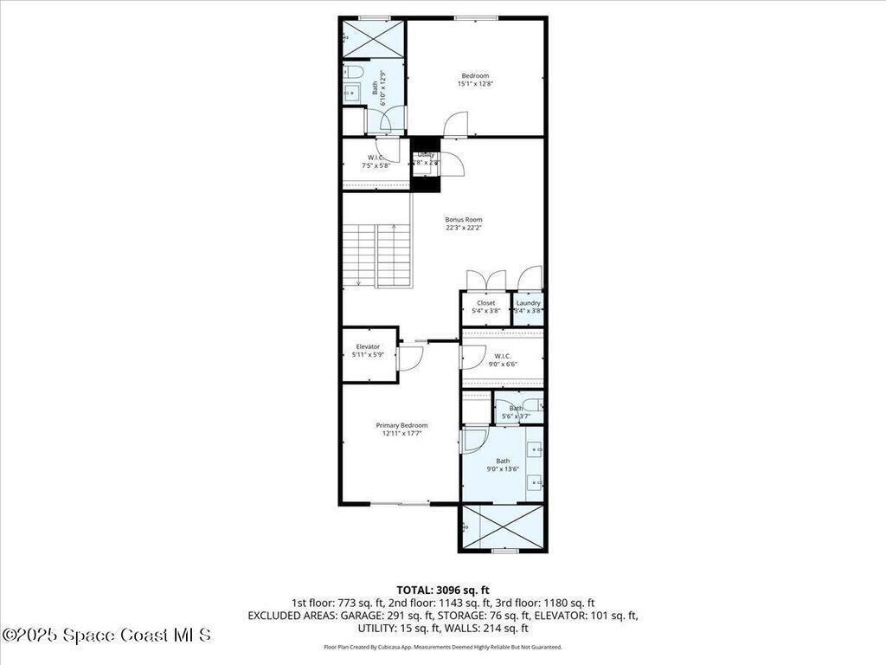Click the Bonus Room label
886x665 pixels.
[464, 220]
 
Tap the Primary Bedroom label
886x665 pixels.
[401, 425]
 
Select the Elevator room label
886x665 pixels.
[368, 346]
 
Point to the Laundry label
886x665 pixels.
[528, 303]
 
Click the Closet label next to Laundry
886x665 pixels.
[485, 303]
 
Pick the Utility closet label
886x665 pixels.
[426, 154]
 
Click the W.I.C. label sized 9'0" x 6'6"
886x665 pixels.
[503, 356]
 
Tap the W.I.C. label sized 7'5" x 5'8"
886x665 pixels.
[376, 157]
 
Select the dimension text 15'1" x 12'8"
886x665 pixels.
[475, 84]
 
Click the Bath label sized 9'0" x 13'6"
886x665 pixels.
[503, 461]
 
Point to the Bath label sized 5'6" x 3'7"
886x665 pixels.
[517, 408]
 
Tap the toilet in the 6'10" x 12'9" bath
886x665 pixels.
[356, 70]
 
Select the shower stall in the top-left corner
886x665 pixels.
[374, 38]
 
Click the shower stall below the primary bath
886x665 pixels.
[503, 526]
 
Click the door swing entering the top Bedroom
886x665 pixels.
[456, 126]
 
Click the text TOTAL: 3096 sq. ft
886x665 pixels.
[442, 589]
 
